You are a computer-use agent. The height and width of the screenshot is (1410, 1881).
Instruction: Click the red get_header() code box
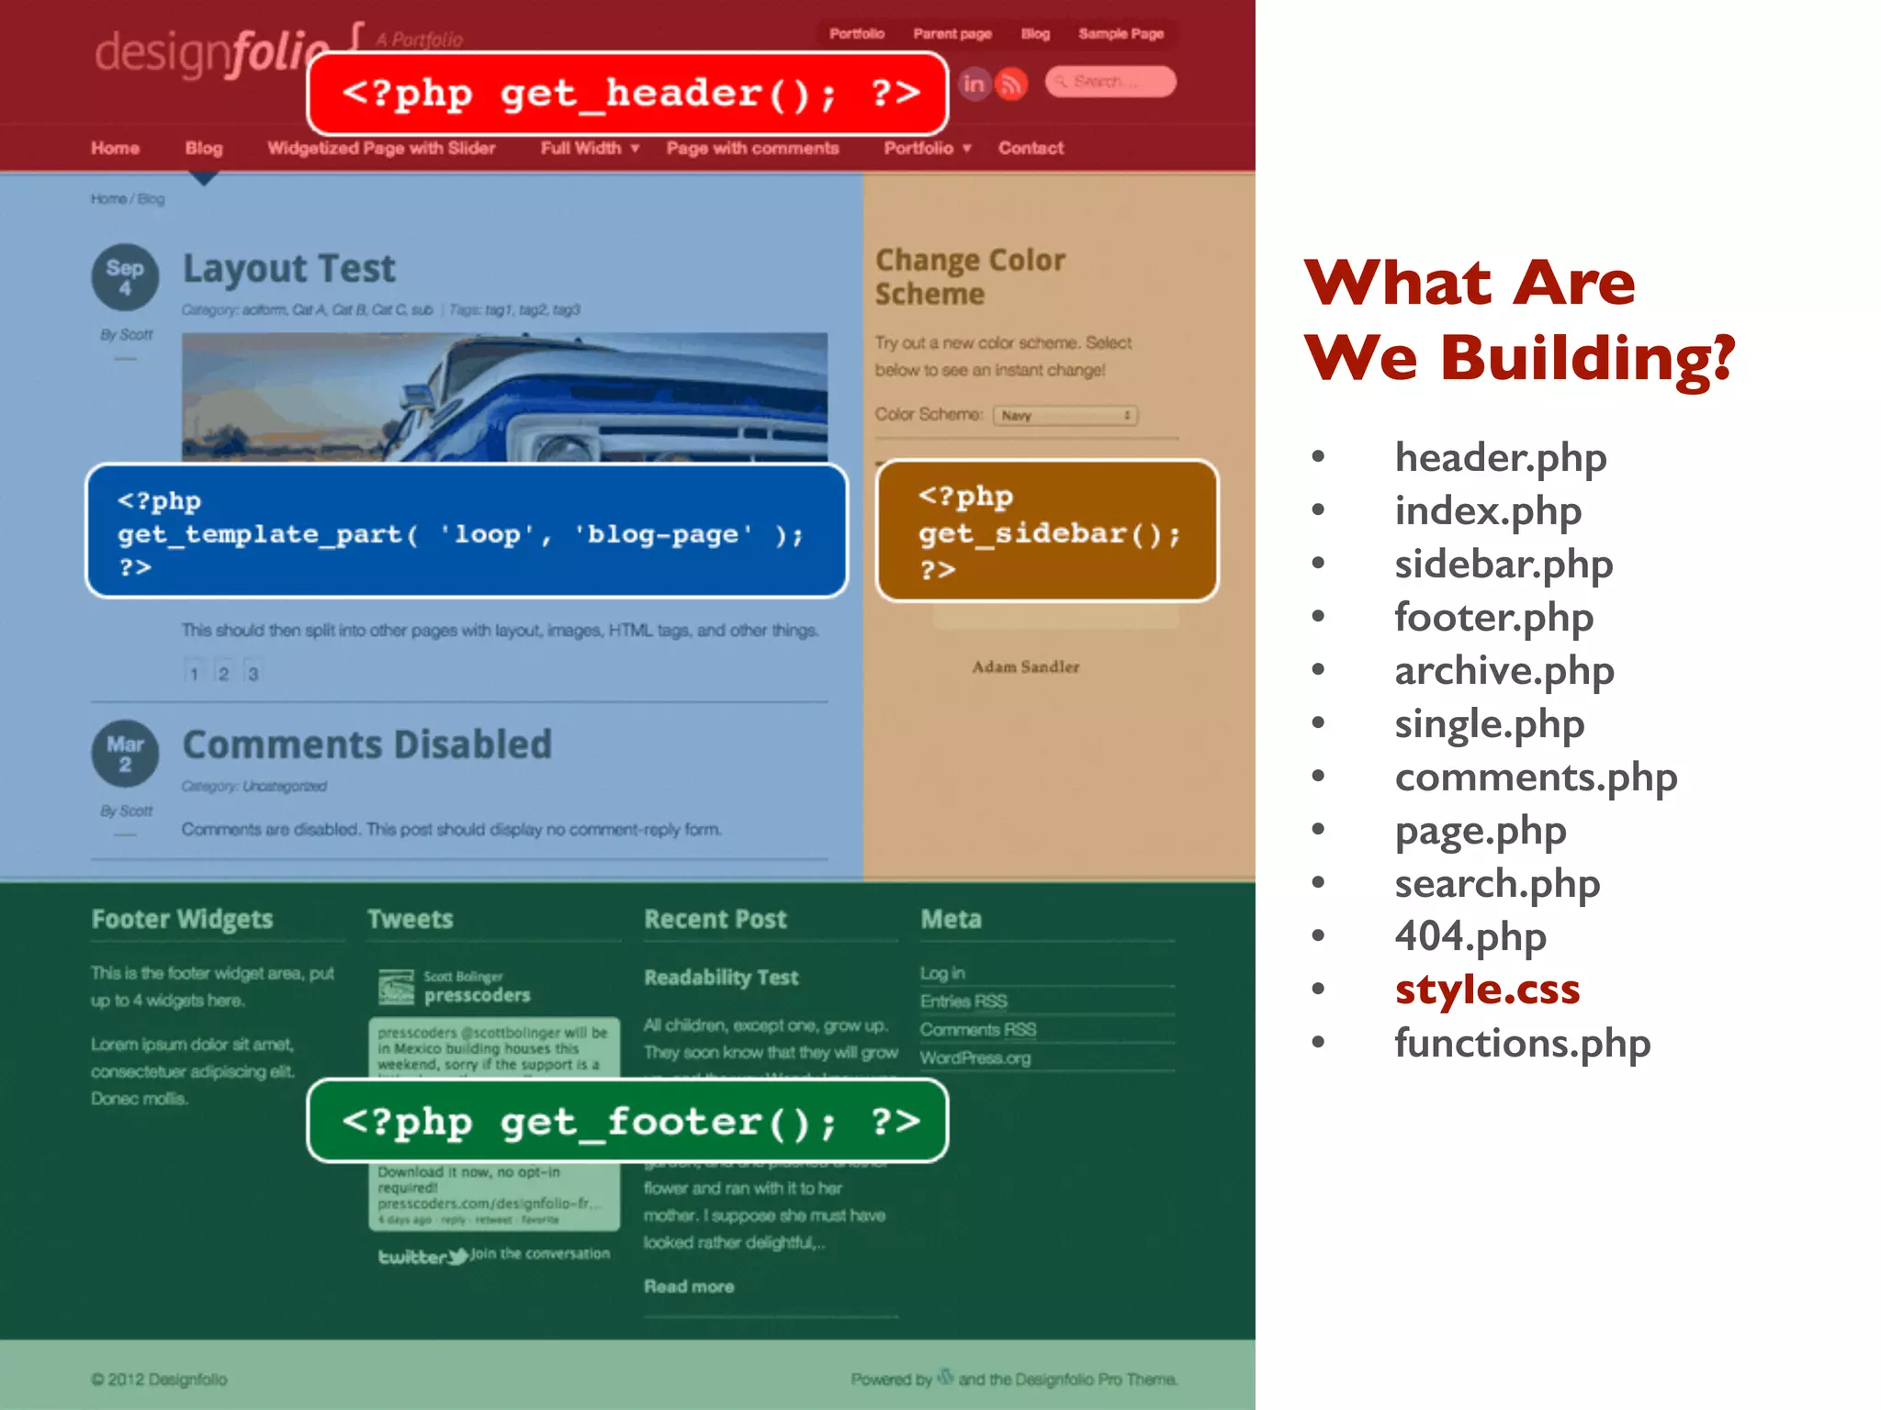pos(627,94)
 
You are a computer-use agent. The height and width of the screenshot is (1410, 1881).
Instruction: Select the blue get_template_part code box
pos(467,532)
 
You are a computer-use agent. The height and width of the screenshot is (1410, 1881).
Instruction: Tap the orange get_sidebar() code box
pos(1047,532)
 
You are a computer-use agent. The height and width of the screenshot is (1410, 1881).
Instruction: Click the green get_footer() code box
pos(627,1121)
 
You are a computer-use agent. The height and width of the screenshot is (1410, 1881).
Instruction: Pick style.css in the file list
pos(1487,989)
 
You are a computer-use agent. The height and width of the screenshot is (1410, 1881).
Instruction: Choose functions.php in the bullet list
pos(1522,1043)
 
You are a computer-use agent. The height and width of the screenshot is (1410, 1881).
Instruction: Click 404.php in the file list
pos(1470,936)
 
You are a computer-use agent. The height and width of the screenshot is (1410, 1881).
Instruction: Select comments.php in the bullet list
pos(1536,778)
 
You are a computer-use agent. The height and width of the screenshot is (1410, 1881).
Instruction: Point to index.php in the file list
pos(1488,511)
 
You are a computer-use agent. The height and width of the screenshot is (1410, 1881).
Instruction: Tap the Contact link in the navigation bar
pos(1031,148)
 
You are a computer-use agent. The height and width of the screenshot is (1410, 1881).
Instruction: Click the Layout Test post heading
pos(288,269)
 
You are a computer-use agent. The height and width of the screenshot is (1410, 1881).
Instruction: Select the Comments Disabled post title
pos(367,744)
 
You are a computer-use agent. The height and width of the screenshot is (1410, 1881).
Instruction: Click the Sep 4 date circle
pos(125,276)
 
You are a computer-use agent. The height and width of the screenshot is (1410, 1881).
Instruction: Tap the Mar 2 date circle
pos(125,753)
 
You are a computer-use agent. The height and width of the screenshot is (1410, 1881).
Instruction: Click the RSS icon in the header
pos(1011,84)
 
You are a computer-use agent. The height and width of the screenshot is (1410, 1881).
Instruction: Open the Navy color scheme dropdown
pos(1065,416)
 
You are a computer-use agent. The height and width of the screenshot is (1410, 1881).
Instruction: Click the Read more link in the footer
pos(689,1286)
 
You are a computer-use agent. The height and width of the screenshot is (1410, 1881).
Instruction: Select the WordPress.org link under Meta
pos(975,1057)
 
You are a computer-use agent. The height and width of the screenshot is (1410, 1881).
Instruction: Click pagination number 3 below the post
pos(253,674)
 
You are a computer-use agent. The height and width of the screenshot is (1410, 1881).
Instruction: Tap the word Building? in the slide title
pos(1587,358)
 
